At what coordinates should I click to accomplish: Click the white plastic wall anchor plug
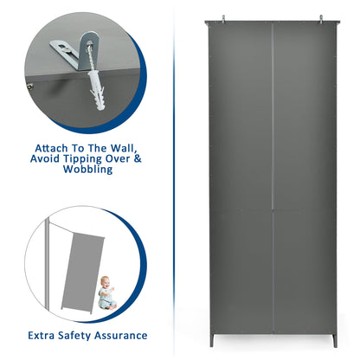96,90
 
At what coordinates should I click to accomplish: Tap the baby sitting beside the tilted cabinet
106,292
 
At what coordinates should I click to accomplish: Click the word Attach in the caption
51,148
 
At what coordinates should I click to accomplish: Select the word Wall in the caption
123,148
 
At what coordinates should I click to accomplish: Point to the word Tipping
83,159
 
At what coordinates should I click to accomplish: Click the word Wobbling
87,169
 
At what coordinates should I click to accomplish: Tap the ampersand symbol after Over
138,158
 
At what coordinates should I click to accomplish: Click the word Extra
42,336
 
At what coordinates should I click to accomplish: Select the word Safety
74,336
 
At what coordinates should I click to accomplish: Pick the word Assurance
120,336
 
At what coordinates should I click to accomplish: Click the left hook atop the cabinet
223,18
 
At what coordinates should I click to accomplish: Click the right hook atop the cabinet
321,18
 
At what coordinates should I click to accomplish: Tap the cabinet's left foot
212,340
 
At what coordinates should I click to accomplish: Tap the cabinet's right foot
334,341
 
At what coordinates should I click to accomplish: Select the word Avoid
45,158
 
